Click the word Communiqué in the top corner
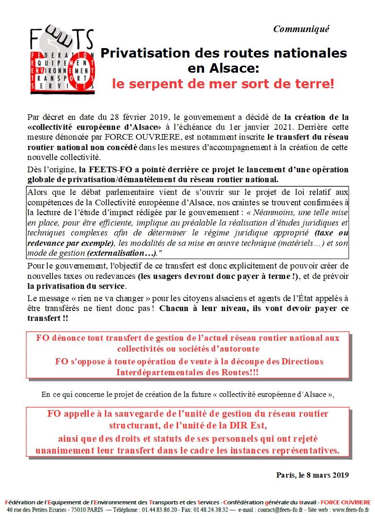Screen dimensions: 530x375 point(301,29)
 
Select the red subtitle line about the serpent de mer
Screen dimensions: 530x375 point(222,85)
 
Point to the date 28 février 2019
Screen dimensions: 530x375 point(145,116)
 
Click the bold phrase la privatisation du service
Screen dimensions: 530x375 point(76,286)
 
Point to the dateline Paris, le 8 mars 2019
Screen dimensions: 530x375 point(312,475)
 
